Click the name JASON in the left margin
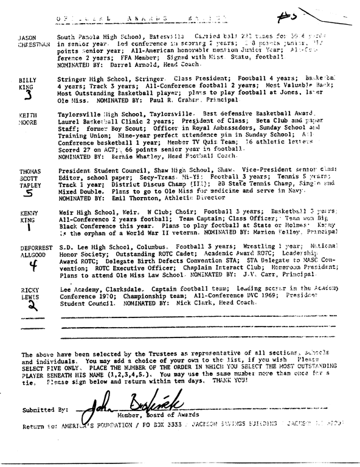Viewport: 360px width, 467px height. pyautogui.click(x=29, y=38)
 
